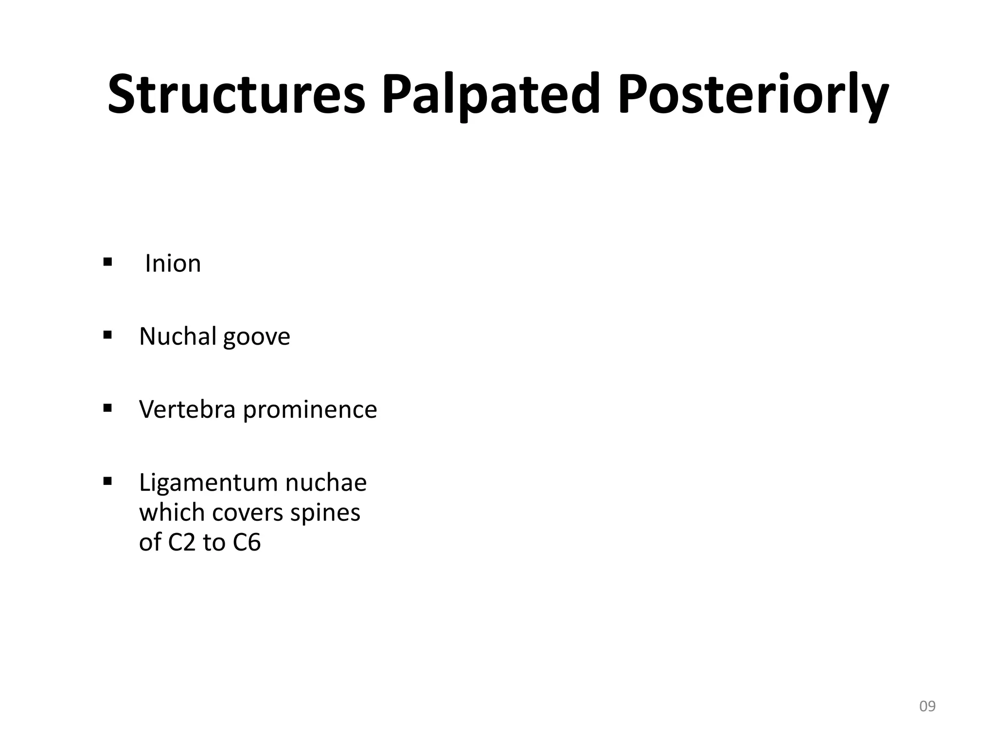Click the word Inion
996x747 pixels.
point(173,264)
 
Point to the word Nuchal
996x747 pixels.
point(178,336)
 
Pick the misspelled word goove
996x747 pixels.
point(256,337)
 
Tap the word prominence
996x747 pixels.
point(310,410)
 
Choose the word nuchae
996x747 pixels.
point(326,482)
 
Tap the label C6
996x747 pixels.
point(247,542)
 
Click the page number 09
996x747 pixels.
point(927,706)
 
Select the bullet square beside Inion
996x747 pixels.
point(107,263)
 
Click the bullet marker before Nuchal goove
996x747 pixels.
point(107,335)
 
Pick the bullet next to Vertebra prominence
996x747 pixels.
point(107,408)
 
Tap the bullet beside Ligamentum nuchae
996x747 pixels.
point(107,481)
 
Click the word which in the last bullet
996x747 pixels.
point(172,512)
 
